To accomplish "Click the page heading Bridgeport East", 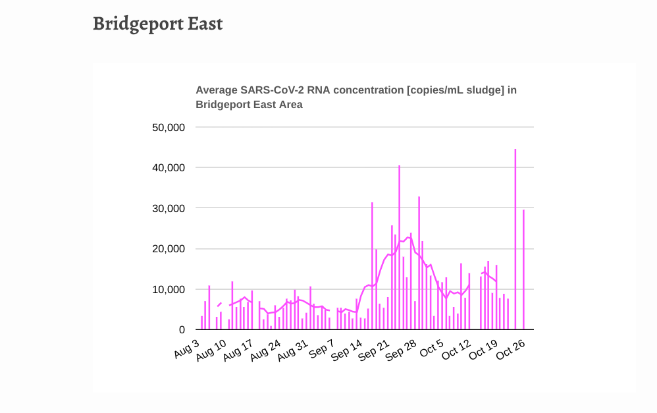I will pyautogui.click(x=157, y=24).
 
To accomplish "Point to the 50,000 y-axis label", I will pyautogui.click(x=169, y=127).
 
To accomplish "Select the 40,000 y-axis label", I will pyautogui.click(x=169, y=168).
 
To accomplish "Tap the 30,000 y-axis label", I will pyautogui.click(x=169, y=208).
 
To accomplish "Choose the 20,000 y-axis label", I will pyautogui.click(x=169, y=249).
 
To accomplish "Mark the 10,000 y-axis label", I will pyautogui.click(x=169, y=289).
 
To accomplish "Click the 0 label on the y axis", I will pyautogui.click(x=182, y=330).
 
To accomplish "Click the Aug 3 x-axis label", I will pyautogui.click(x=187, y=350).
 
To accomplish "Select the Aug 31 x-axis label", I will pyautogui.click(x=293, y=350).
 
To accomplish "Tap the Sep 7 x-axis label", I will pyautogui.click(x=322, y=350).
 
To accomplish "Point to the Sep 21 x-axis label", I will pyautogui.click(x=374, y=350).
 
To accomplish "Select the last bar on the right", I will pyautogui.click(x=523, y=270).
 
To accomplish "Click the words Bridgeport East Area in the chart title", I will pyautogui.click(x=249, y=104).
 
